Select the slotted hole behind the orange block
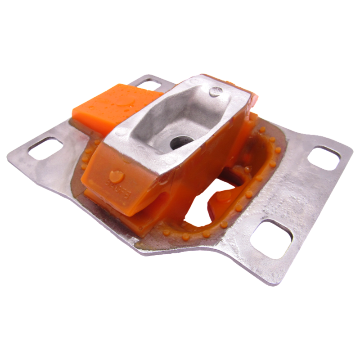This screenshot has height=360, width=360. click(148, 83)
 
